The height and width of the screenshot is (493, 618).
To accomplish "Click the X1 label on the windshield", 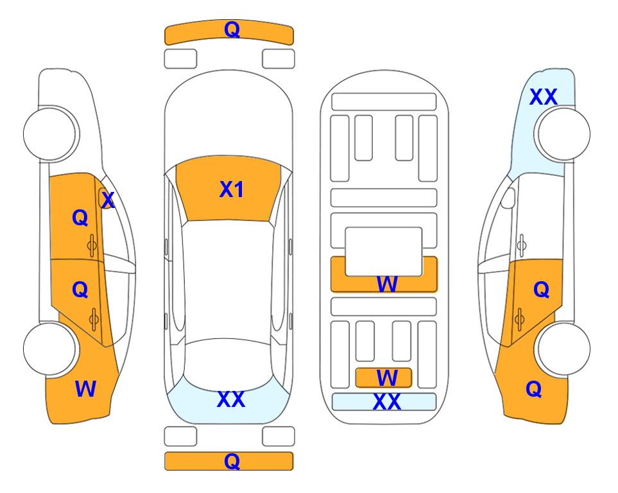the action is [x=232, y=189].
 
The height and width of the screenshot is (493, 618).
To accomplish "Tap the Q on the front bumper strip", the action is [x=232, y=30].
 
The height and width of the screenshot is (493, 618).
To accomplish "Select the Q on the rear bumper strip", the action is [x=232, y=461].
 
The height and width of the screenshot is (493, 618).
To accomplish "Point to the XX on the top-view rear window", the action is [x=231, y=399].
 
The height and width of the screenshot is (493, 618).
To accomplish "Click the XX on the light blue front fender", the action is [x=544, y=97].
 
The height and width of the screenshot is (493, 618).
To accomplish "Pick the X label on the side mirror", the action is [x=108, y=200].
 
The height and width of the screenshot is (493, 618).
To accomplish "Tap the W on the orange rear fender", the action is [x=85, y=389].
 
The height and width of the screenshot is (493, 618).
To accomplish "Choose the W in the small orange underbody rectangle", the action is [x=387, y=378].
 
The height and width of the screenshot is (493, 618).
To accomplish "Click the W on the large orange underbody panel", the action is [x=387, y=284].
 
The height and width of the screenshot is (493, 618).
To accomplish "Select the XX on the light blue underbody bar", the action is [x=387, y=402].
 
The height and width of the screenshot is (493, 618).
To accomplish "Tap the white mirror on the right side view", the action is [x=508, y=198].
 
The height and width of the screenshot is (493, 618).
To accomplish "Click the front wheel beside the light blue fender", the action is [x=562, y=134].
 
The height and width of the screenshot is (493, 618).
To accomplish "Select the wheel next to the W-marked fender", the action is [x=50, y=349].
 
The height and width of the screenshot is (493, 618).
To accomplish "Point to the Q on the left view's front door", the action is [x=80, y=218].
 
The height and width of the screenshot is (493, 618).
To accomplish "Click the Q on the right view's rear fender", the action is [x=534, y=389].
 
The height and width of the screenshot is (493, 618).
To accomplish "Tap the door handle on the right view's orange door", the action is [x=519, y=319].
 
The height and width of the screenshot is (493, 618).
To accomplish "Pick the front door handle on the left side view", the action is [x=92, y=245].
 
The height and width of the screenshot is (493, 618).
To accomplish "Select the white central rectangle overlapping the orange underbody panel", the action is [x=384, y=252].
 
